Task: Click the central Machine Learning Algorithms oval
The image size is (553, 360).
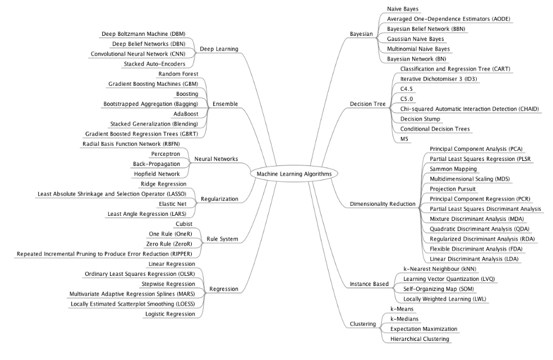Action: (x=294, y=174)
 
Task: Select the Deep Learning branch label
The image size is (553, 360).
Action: (x=219, y=49)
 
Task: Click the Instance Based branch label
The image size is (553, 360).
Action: (x=368, y=284)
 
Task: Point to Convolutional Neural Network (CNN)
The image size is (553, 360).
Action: (x=142, y=54)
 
